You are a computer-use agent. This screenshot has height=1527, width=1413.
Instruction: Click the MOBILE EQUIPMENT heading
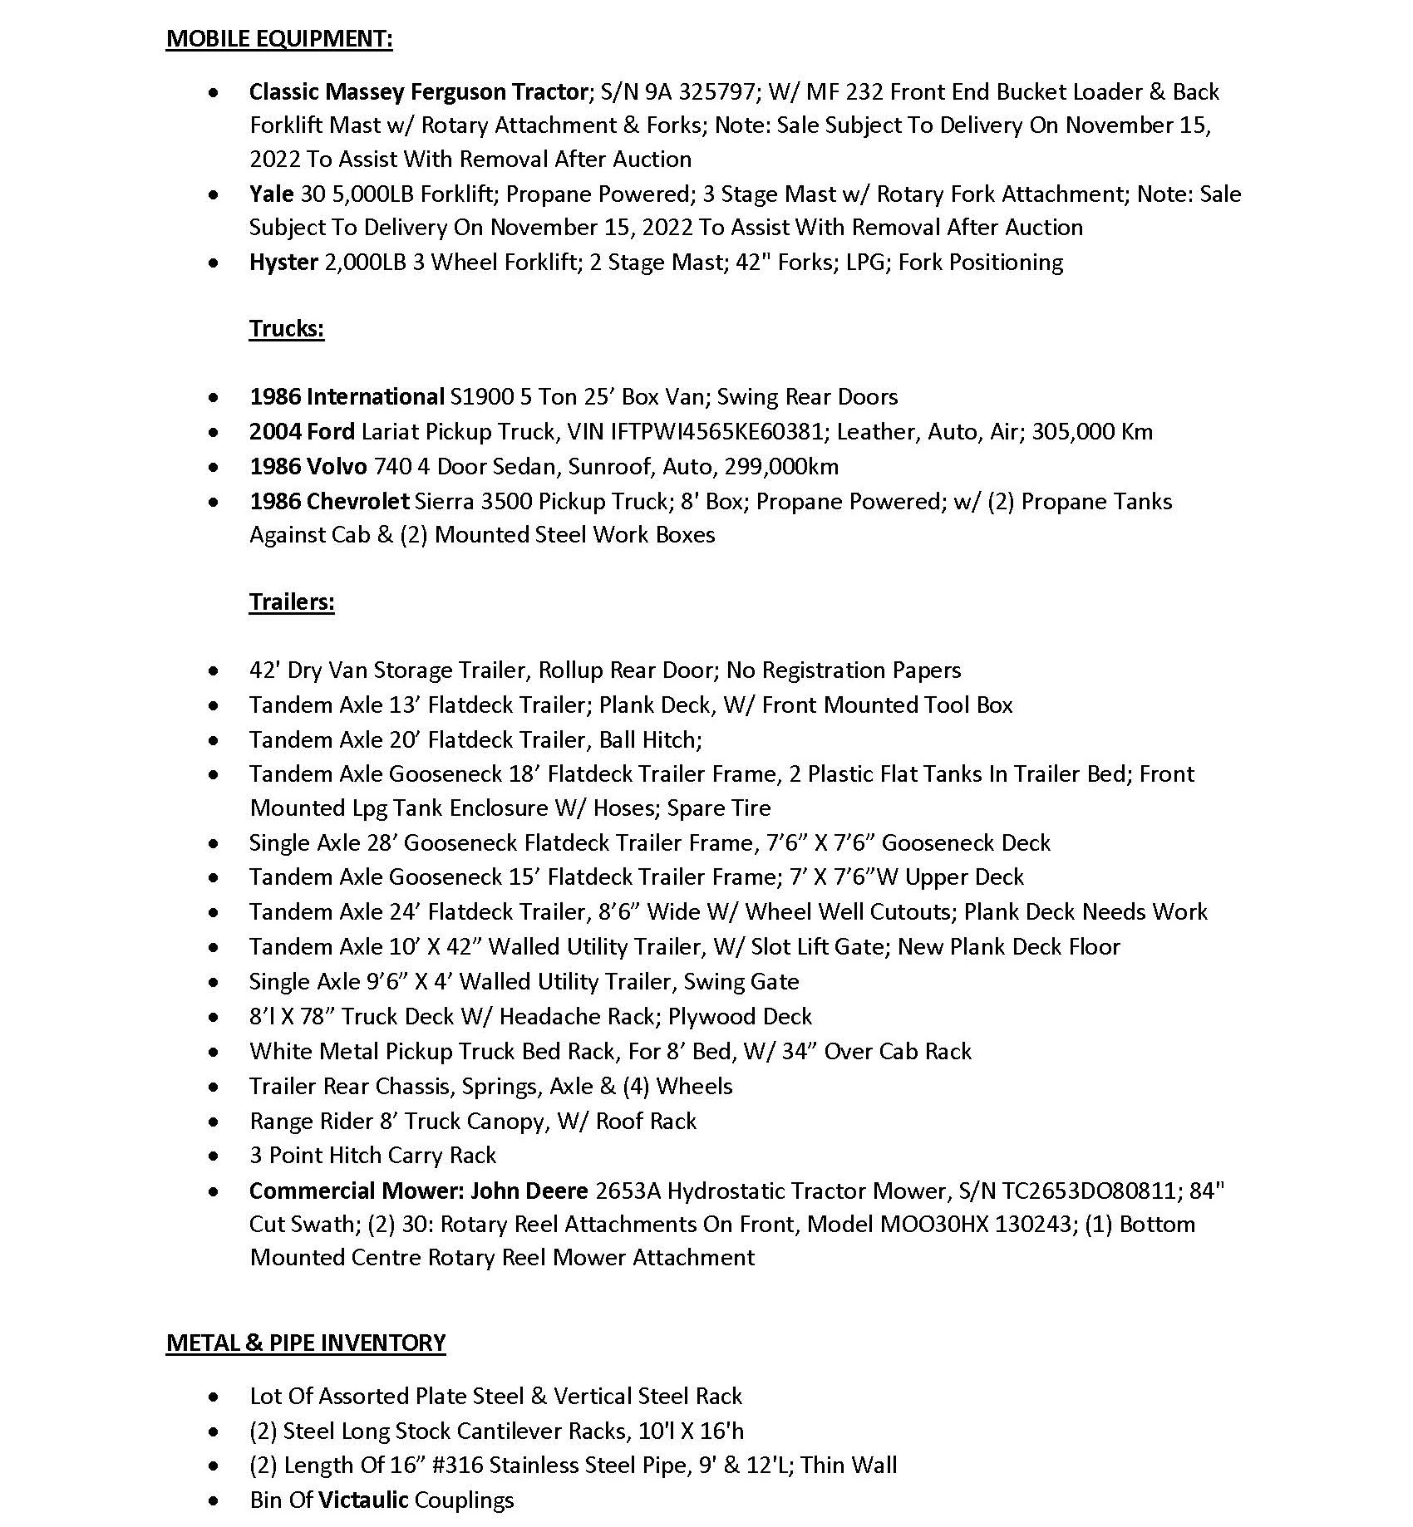279,39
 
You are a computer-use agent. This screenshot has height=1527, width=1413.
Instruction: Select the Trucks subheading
286,329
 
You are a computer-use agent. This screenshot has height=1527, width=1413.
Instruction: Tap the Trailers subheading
292,601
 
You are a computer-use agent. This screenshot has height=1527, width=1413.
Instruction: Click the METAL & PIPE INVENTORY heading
306,1343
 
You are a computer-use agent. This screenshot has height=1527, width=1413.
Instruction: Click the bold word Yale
271,194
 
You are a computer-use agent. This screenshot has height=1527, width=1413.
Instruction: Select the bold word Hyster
283,263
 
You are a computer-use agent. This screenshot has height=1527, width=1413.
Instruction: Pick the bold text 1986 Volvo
308,467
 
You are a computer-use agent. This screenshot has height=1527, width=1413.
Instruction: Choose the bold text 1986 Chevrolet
329,502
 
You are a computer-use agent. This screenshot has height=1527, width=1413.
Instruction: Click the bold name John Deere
529,1191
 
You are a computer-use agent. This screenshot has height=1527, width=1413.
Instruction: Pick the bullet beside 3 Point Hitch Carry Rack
215,1156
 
